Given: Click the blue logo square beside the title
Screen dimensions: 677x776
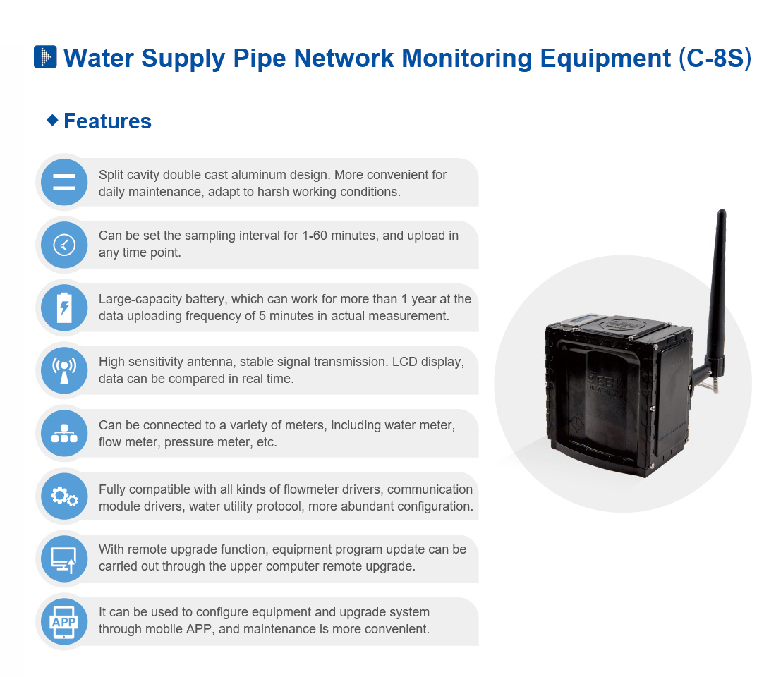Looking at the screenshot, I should [45, 56].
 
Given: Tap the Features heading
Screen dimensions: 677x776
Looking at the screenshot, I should [107, 121].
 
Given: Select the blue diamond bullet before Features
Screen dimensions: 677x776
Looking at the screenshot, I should [52, 120].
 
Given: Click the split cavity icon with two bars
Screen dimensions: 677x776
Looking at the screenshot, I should [64, 183].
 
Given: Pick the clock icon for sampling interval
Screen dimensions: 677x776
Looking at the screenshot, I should [64, 245].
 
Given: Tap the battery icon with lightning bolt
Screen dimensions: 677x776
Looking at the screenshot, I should [64, 308].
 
